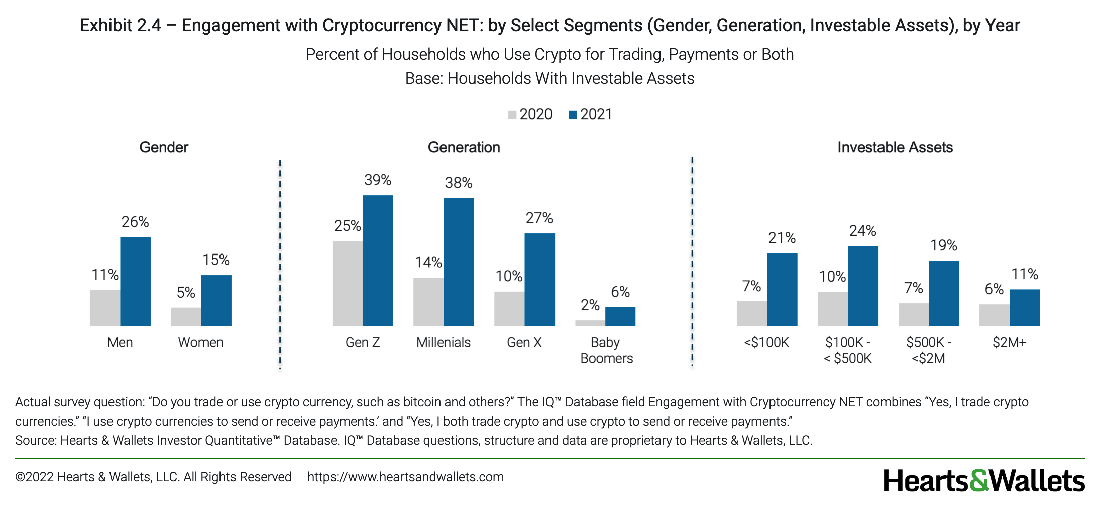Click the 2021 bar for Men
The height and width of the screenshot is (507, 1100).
(135, 281)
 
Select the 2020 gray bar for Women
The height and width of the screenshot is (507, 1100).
(186, 317)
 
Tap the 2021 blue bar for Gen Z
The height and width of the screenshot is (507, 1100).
(378, 260)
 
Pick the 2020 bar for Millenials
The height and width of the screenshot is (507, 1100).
(428, 302)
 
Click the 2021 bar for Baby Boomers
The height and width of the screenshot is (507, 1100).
(620, 316)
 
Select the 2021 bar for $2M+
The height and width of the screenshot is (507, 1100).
(1025, 307)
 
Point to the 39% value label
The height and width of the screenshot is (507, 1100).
(378, 180)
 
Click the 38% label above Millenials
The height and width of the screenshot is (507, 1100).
(459, 183)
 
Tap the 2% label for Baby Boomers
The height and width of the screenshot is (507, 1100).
(590, 305)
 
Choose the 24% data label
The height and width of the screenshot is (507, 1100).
(863, 231)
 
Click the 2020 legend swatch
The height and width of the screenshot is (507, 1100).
(512, 115)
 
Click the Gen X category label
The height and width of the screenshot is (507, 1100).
(524, 342)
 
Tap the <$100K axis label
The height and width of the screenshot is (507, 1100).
(766, 342)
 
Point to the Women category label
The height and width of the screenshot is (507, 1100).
(201, 342)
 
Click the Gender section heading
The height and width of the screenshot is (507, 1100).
(164, 147)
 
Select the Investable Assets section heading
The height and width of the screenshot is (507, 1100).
(895, 147)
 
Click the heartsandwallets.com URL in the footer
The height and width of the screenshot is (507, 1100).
(405, 477)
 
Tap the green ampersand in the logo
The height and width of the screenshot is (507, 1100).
(979, 481)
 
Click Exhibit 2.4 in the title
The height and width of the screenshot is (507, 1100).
(121, 25)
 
